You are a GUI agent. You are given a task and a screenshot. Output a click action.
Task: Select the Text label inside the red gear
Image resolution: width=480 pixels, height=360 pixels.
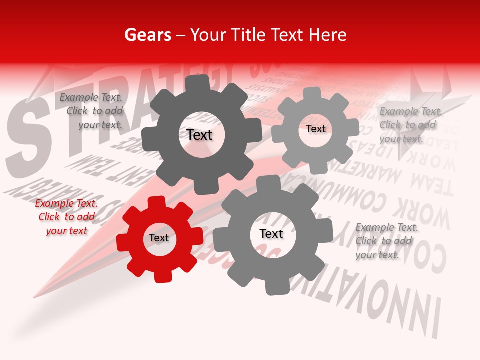click(159, 238)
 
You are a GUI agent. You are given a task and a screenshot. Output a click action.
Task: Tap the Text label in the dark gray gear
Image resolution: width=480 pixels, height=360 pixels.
click(199, 135)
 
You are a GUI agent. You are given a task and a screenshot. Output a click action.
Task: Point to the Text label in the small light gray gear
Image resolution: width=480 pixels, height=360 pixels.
click(316, 129)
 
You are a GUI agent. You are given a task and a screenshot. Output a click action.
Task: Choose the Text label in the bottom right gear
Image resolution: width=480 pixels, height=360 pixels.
click(271, 234)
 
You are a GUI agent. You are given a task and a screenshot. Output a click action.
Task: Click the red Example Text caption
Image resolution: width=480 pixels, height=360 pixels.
click(66, 217)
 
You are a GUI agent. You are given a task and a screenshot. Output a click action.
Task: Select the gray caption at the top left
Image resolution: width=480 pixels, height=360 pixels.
click(92, 111)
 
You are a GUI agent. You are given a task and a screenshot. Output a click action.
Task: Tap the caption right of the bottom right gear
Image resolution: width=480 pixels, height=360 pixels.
click(386, 241)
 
